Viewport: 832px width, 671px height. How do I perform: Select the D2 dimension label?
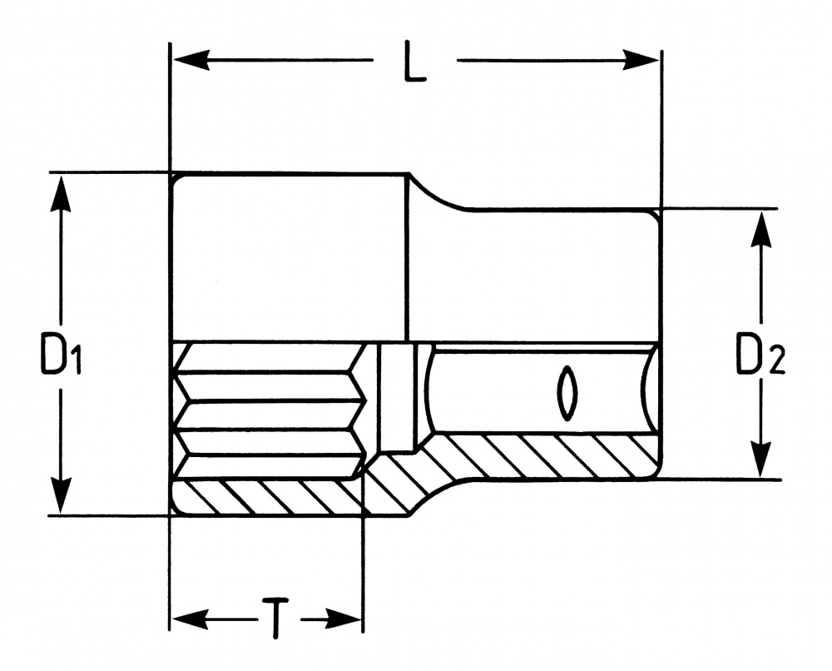[760, 355]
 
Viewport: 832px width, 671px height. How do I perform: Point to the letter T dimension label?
[273, 617]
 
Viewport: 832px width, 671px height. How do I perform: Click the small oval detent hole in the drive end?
[567, 391]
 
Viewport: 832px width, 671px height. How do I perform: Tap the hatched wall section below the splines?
[266, 498]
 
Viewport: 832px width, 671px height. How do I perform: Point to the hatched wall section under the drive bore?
[541, 456]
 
